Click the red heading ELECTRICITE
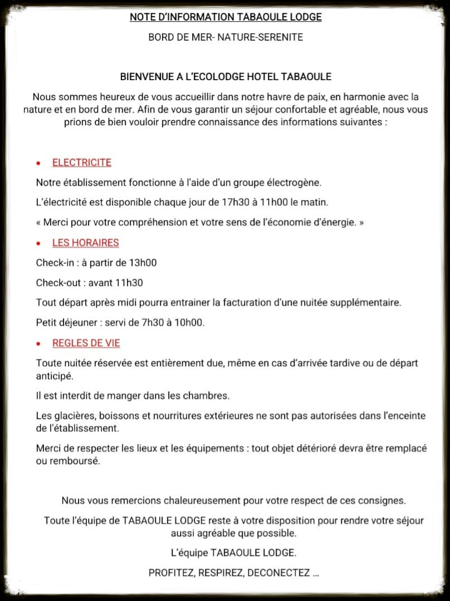pyautogui.click(x=82, y=162)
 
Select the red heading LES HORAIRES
pyautogui.click(x=85, y=243)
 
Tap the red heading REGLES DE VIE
pyautogui.click(x=86, y=343)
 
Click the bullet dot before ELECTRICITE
pyautogui.click(x=38, y=164)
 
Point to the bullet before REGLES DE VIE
pyautogui.click(x=38, y=344)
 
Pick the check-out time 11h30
pyautogui.click(x=129, y=283)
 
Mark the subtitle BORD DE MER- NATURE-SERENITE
pyautogui.click(x=226, y=37)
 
